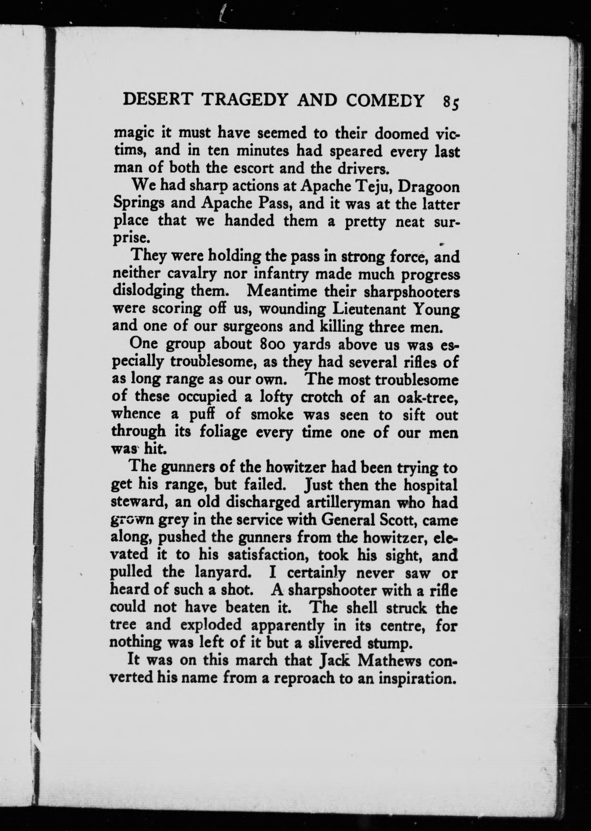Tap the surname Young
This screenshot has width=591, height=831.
coord(436,310)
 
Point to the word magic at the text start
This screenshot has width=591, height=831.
coord(135,134)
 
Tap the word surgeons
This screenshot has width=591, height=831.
coord(254,327)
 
